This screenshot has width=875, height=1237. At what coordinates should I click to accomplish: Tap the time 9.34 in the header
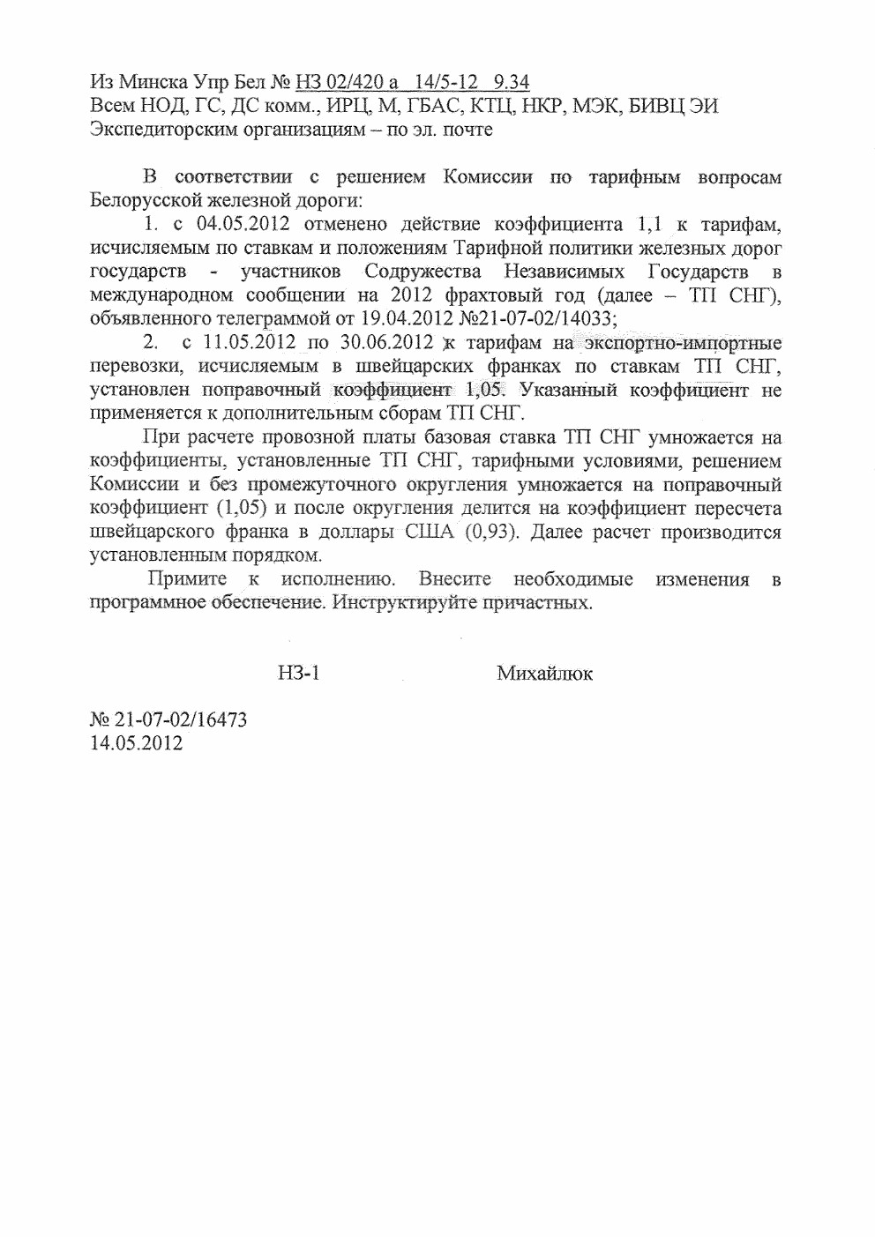tap(512, 83)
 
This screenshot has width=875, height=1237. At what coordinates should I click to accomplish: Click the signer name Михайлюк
tap(544, 674)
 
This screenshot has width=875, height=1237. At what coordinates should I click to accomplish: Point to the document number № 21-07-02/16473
tap(168, 719)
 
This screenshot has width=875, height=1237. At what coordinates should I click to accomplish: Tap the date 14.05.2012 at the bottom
tap(137, 743)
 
